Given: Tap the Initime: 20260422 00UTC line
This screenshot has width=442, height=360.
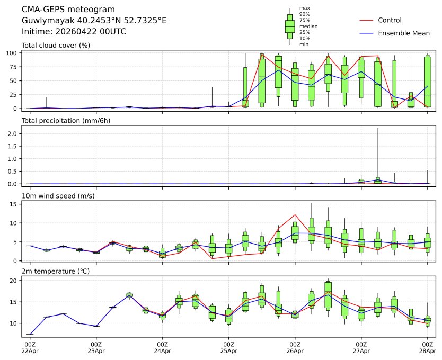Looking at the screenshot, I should (74, 31).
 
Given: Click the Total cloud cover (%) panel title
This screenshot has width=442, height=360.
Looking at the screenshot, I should (56, 45).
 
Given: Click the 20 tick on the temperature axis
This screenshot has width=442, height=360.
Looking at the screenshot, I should (16, 281).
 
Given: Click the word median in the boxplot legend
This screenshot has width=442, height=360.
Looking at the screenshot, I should (308, 26).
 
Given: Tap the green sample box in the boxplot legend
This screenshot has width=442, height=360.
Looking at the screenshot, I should (290, 26).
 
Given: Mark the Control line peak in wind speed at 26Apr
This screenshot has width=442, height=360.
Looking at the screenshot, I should (295, 214).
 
